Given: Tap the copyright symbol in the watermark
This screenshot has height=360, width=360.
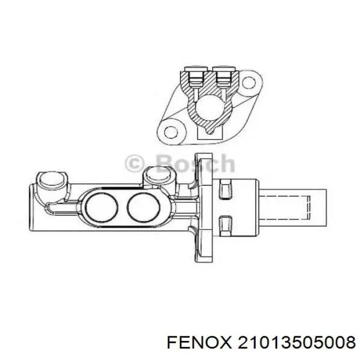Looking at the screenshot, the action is point(135,164).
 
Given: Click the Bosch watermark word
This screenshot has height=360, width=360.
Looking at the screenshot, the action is point(195,163).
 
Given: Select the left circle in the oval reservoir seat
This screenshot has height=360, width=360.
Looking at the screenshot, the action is point(101,207).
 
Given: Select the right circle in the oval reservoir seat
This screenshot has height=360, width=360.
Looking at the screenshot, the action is point(143,207).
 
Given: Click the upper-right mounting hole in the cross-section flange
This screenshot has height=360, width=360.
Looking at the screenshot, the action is point(248,83).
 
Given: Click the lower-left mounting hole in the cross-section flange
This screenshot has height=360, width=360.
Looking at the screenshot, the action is point(171,132).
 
